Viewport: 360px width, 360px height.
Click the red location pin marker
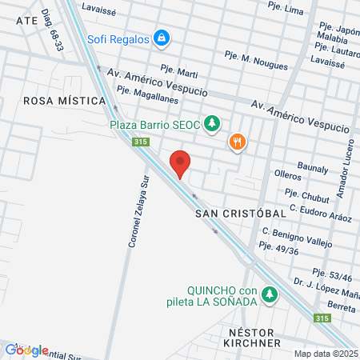(x=181, y=163)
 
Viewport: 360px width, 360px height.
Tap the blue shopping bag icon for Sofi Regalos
(x=162, y=37)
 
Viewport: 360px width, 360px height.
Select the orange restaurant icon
(x=237, y=142)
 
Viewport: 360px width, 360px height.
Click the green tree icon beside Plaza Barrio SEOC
(x=211, y=123)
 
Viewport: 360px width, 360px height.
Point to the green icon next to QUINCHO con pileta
(x=270, y=295)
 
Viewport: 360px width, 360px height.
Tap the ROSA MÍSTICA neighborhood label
(x=65, y=101)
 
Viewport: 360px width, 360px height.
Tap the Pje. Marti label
(x=178, y=70)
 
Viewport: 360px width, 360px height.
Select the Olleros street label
(x=287, y=174)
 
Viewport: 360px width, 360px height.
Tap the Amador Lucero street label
(x=346, y=178)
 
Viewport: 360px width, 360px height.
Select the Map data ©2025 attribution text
(x=326, y=354)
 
